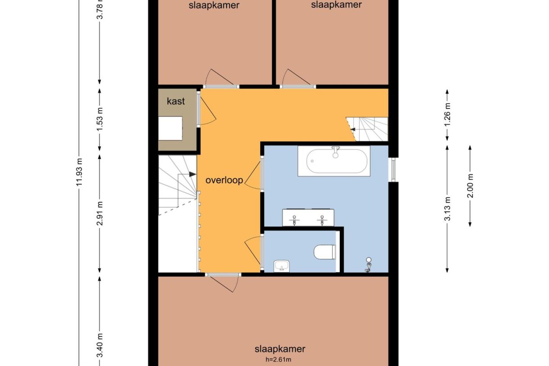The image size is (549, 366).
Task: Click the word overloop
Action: (x=224, y=180)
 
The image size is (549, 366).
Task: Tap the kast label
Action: (x=176, y=101)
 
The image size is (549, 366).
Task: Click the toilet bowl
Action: (x=324, y=252)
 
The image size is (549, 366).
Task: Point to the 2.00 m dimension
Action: (x=470, y=186)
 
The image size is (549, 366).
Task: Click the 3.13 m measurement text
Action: (x=447, y=209)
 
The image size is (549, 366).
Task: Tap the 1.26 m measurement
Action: (x=447, y=115)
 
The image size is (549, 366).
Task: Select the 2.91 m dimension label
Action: (x=100, y=213)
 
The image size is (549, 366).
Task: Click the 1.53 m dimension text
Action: (x=100, y=119)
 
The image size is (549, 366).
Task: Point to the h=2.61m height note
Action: (x=279, y=360)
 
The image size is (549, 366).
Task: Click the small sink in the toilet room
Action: (x=282, y=266)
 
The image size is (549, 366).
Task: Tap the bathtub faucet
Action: (x=336, y=152)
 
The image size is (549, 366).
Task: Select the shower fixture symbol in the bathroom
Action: (x=368, y=265)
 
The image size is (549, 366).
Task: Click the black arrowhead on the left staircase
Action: (x=193, y=174)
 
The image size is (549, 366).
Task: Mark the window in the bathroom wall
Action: (x=393, y=170)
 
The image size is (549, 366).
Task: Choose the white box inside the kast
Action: (x=170, y=128)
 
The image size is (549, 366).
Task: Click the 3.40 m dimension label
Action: (x=100, y=345)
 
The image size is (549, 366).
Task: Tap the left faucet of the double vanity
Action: (x=294, y=220)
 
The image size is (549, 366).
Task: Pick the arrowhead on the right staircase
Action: (x=353, y=129)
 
